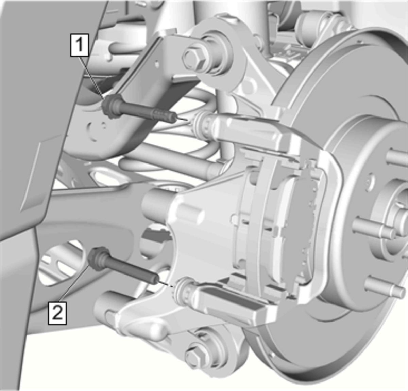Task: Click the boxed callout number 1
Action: pos(79,45)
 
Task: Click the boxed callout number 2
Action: pos(57,313)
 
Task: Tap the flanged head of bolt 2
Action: pos(98,259)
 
